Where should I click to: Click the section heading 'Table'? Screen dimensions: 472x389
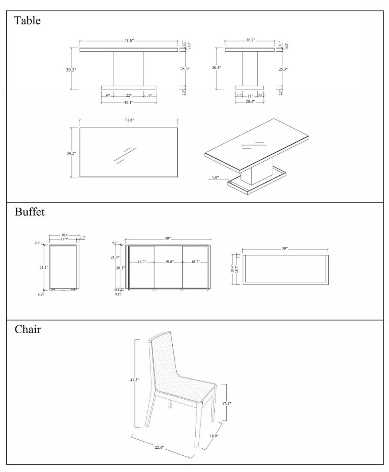[x=27, y=21]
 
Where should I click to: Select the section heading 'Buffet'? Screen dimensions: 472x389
[x=30, y=212]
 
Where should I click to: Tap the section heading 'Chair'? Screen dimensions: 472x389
[x=28, y=330]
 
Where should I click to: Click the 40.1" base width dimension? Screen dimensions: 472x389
[x=128, y=102]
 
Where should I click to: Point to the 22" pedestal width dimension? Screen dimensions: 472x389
[x=128, y=95]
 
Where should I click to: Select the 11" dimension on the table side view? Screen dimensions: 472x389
[x=250, y=96]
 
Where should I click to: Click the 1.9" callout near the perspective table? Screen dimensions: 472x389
[x=215, y=178]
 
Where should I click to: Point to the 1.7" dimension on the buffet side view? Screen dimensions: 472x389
[x=82, y=238]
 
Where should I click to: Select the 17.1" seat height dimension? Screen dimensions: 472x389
[x=226, y=404]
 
